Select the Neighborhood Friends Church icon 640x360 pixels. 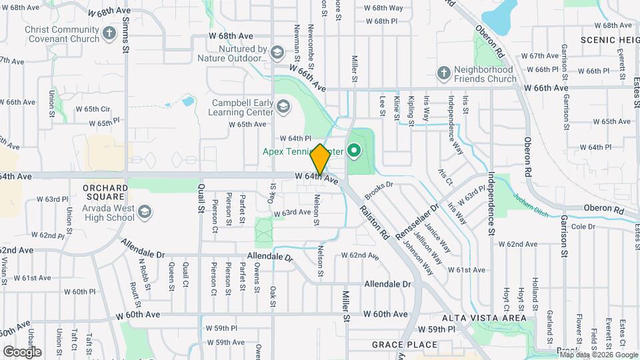click(443, 72)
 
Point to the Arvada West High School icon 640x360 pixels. click(145, 212)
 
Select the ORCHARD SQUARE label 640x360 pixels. click(105, 192)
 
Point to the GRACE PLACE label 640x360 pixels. click(405, 345)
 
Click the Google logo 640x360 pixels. click(22, 351)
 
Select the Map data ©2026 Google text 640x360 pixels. click(599, 355)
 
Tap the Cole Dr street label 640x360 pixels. click(582, 227)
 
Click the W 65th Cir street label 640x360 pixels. click(93, 109)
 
